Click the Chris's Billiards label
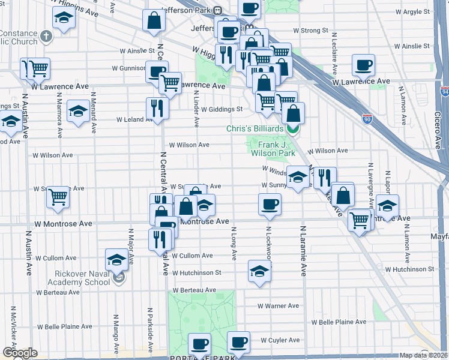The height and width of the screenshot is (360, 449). click(x=255, y=129)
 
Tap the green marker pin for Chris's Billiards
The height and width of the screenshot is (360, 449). click(x=292, y=128)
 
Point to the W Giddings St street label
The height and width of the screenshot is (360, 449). click(x=221, y=109)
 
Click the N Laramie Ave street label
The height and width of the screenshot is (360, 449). click(x=304, y=251)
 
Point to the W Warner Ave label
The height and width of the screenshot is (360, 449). click(x=278, y=305)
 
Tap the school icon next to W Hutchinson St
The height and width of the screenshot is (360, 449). click(x=259, y=271)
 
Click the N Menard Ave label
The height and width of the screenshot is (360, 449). click(x=94, y=112)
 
